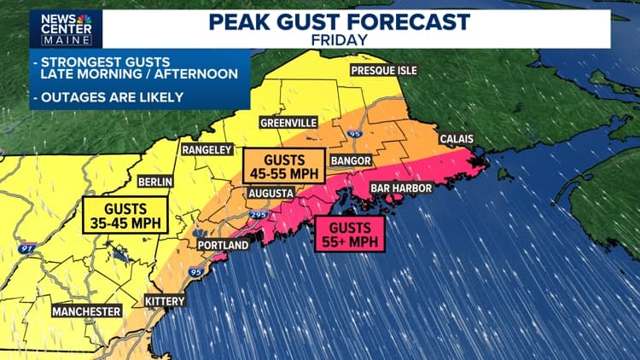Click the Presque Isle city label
pos(383,71)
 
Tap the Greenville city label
pos(288,123)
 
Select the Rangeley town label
pos(207,150)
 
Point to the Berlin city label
pos(155,182)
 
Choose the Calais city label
pos(457,139)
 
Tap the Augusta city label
pos(271,193)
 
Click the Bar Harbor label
pos(399,188)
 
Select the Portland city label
pos(222,246)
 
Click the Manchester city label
pos(86,312)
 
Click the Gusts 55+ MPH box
pos(350,234)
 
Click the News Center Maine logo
pos(65,28)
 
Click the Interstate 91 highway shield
pos(27,248)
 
